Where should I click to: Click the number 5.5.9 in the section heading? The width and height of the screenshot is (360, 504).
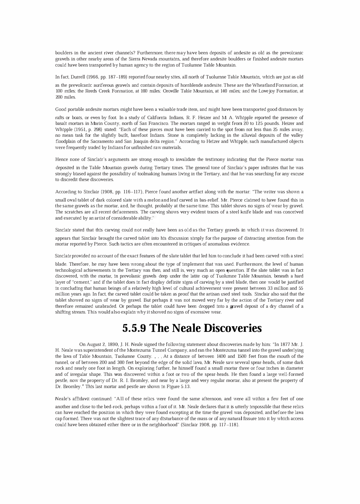[x=134, y=328]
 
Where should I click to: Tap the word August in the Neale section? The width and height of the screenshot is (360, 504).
[x=93, y=344]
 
